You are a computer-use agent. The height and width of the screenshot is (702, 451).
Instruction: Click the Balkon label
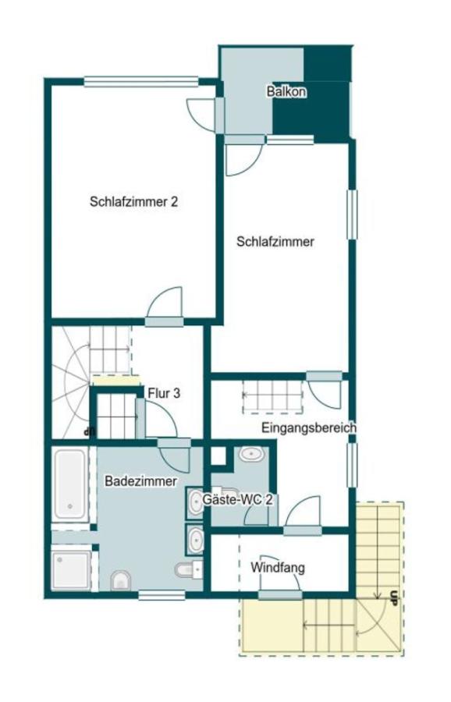coord(286,91)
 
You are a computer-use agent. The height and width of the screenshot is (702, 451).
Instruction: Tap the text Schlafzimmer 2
coord(134,201)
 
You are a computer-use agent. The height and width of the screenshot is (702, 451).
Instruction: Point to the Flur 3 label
coord(164,394)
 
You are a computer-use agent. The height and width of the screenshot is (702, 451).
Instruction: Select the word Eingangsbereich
coord(309,427)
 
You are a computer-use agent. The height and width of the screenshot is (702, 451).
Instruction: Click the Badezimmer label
coord(140,481)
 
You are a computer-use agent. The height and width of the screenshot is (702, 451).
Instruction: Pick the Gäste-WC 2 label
coord(237,499)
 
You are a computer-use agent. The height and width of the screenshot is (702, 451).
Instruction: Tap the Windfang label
coord(278,567)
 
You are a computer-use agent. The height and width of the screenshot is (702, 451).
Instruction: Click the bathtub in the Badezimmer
coord(73,484)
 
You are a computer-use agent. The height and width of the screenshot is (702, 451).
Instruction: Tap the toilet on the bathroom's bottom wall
coord(121,580)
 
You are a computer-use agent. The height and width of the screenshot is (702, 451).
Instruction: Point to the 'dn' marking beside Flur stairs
coord(87,430)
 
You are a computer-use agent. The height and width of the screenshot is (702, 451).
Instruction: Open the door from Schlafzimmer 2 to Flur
coord(165,305)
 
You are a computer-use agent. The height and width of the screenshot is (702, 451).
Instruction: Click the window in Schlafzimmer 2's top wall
coord(140,79)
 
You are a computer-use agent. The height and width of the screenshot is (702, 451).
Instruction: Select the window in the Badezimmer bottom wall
coord(162,596)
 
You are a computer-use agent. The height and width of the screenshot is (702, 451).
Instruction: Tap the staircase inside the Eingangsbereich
coord(272,395)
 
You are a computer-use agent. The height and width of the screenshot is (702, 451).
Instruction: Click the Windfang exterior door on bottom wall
coord(279,595)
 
